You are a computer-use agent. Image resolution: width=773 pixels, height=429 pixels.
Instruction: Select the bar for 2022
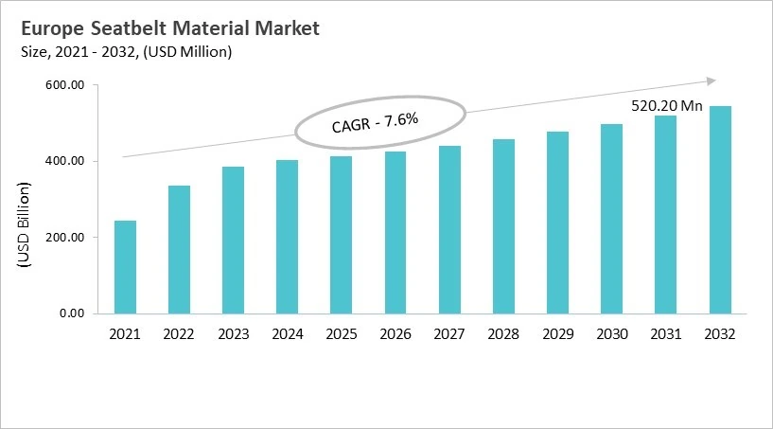click(179, 249)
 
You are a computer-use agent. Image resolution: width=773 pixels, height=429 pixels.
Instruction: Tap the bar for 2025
click(341, 235)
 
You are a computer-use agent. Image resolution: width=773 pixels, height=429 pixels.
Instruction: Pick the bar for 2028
click(503, 226)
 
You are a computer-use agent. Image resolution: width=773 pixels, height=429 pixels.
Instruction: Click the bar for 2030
click(611, 219)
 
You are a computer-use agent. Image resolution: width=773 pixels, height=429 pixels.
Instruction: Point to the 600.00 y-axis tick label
click(65, 86)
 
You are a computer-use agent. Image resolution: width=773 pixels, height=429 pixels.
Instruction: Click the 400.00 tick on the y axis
click(65, 162)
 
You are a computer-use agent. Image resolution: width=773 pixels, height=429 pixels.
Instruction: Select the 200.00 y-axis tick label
click(65, 238)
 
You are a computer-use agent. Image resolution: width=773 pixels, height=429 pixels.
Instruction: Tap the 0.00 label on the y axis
click(72, 313)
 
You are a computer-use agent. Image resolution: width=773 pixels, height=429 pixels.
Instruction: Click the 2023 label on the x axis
click(233, 334)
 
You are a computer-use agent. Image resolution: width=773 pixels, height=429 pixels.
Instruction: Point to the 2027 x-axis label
click(449, 334)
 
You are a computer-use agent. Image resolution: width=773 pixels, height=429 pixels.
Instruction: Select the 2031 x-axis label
click(666, 334)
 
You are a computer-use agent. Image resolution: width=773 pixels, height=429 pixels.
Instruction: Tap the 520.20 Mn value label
click(666, 106)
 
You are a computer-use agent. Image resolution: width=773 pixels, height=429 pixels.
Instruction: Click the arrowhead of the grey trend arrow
click(712, 81)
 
